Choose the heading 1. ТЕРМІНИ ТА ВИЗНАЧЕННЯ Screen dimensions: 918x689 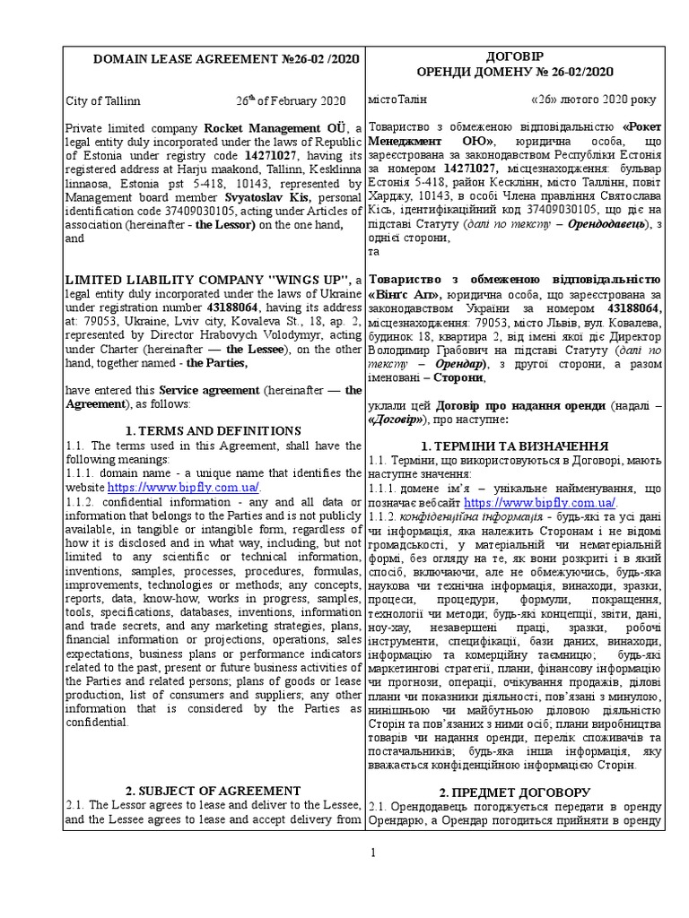tap(515, 446)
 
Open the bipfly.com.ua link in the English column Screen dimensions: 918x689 tap(183, 487)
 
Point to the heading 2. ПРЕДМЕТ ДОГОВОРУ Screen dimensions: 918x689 tap(515, 792)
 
